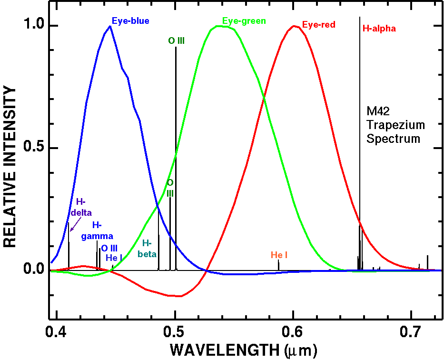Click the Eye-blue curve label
click(x=130, y=21)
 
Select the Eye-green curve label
click(x=244, y=21)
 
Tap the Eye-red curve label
click(x=319, y=25)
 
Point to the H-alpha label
click(x=379, y=29)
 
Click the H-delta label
click(x=84, y=207)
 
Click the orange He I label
click(x=279, y=255)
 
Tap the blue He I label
click(x=114, y=258)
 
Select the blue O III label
click(x=109, y=248)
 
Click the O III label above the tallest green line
click(x=176, y=41)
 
